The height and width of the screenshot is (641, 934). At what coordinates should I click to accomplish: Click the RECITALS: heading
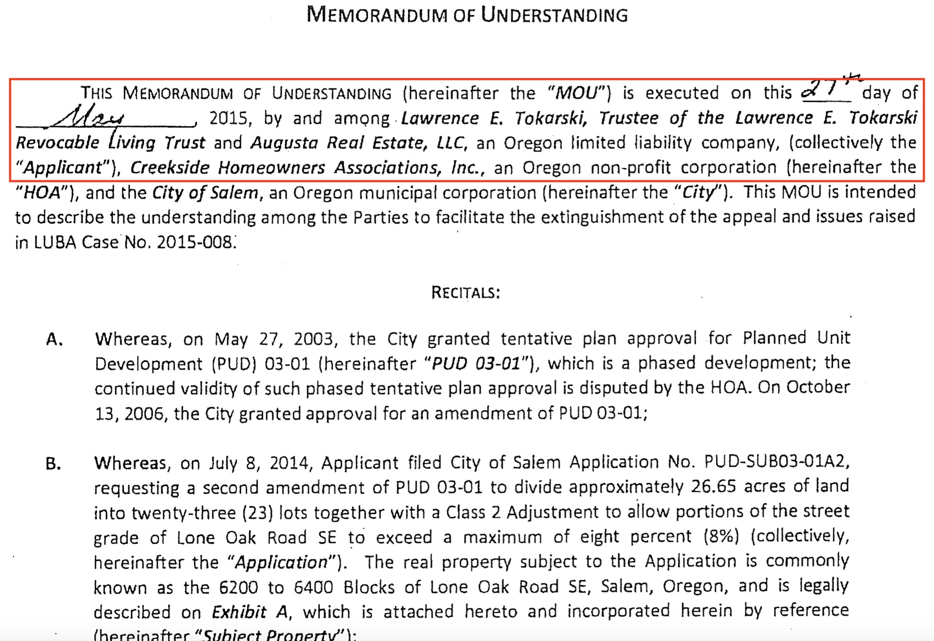465,292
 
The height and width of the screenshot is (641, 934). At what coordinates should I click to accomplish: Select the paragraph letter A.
54,340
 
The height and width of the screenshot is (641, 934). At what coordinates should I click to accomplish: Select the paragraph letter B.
53,464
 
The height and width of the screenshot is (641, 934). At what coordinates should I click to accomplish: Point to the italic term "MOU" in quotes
576,93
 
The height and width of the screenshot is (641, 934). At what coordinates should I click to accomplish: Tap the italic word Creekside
170,168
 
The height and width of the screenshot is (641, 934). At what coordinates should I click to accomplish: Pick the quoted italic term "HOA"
42,193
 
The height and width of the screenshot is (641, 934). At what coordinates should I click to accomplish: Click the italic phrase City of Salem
205,193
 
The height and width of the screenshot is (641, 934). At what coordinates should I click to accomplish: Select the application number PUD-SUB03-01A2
776,462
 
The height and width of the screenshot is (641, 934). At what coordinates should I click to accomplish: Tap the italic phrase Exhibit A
250,612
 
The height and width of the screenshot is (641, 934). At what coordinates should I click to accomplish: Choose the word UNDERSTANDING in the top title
554,15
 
